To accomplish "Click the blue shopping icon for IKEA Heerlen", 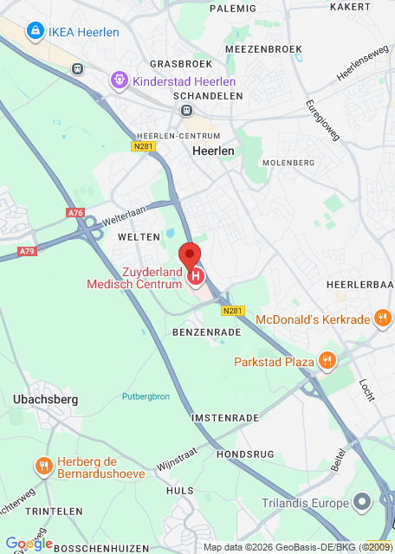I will click(x=34, y=33).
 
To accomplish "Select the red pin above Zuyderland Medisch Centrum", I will click(x=190, y=258).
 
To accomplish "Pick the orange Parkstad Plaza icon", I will click(x=327, y=360).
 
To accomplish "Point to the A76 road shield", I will click(x=75, y=212).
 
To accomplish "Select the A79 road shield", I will click(x=29, y=252).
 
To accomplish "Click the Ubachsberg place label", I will click(x=46, y=399).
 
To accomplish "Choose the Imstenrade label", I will click(x=225, y=417).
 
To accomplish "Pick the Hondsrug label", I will click(x=245, y=454).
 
